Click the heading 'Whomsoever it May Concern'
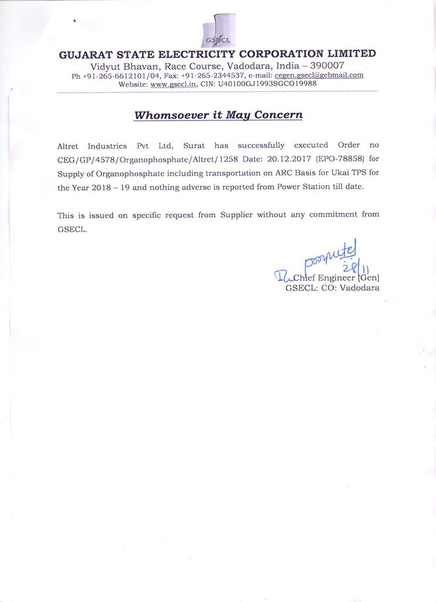(218, 115)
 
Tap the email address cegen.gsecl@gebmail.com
(319, 75)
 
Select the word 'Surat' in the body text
(194, 145)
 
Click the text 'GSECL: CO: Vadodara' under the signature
(332, 288)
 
